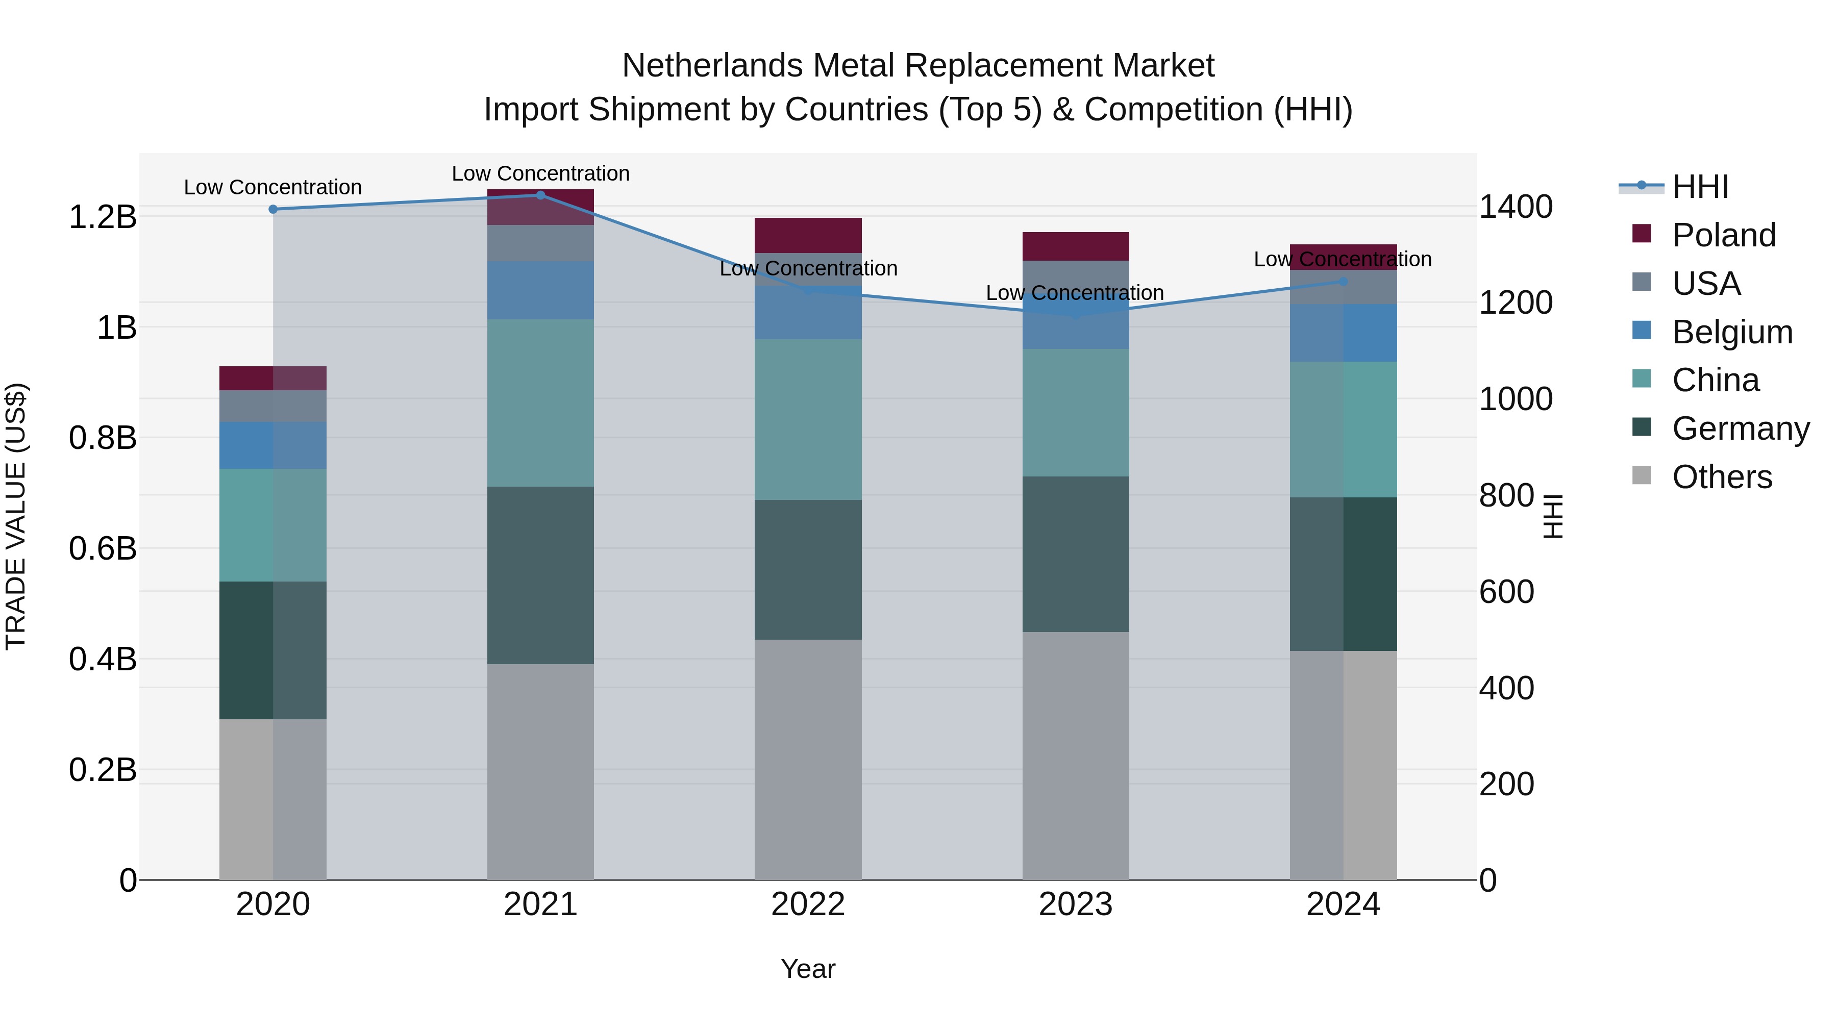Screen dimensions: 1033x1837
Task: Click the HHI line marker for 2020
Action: (273, 209)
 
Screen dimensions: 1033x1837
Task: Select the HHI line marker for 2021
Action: (540, 195)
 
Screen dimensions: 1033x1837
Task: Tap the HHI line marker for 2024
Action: (1344, 282)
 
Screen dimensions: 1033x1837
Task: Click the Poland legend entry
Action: (1723, 235)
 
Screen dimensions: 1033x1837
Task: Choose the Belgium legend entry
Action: (1731, 332)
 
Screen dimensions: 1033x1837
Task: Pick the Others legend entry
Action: (1722, 477)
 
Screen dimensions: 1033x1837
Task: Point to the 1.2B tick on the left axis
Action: (103, 217)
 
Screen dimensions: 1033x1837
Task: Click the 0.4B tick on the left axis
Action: (103, 660)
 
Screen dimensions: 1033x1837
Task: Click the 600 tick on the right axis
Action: (1506, 592)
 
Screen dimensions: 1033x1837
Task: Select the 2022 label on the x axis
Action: (808, 904)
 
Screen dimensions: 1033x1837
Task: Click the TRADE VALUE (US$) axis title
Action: (16, 516)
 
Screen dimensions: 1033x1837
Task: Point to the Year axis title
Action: (808, 969)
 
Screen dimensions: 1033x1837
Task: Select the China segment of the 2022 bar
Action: (808, 419)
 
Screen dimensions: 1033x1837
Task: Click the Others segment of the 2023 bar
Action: (1075, 755)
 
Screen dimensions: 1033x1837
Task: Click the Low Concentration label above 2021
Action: (540, 173)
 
